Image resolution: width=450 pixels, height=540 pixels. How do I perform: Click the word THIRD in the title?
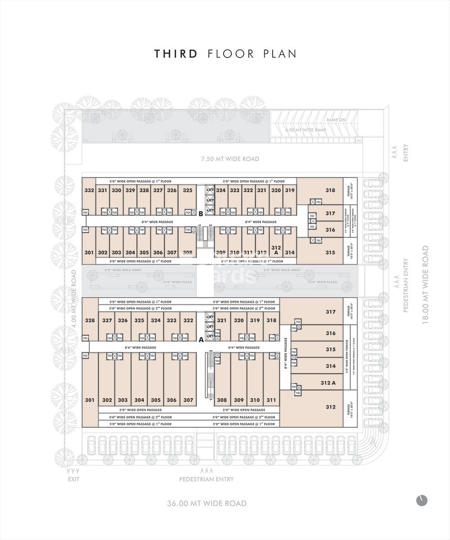176,54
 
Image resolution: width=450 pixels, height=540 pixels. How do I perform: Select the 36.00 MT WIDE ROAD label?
207,503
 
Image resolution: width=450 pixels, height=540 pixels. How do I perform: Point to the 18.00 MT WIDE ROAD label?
425,284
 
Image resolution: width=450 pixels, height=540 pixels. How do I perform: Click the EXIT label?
73,479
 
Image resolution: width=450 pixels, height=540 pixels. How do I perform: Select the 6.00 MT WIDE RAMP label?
306,130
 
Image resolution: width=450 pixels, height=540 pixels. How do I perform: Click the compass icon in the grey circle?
422,500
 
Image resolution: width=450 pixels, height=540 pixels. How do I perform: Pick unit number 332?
89,190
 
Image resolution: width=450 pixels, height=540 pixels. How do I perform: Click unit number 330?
117,190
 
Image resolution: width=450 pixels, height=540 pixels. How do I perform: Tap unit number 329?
130,190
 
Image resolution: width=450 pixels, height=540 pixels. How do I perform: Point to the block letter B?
201,214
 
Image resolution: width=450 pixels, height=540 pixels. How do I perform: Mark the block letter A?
201,340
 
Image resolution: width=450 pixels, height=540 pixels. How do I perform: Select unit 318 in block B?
330,190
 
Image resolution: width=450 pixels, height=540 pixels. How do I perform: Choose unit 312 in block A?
330,407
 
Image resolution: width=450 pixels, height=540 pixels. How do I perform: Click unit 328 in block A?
90,320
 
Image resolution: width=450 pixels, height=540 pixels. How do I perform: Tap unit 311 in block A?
271,400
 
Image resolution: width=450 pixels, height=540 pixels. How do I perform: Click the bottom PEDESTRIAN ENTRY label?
207,479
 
